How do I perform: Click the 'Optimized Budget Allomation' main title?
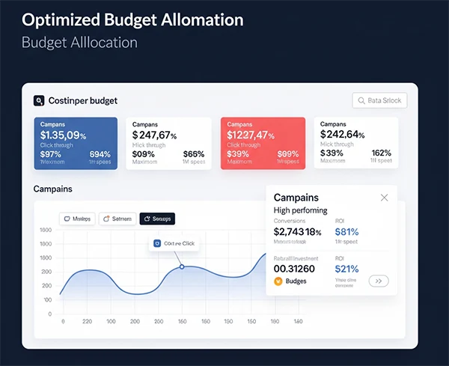(132, 19)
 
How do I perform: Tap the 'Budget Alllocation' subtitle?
(79, 42)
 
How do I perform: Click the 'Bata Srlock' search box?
(379, 101)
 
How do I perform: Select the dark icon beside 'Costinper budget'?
(39, 100)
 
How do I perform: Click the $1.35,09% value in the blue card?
(64, 135)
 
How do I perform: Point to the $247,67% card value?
(154, 135)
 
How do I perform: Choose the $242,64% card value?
(342, 135)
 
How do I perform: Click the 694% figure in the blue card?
(100, 153)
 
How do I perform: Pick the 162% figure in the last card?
(382, 153)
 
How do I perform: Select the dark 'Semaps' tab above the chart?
(157, 219)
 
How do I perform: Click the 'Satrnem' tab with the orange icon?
(116, 219)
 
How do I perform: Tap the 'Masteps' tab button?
(77, 219)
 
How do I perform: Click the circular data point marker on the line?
(181, 266)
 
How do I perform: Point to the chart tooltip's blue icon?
(157, 243)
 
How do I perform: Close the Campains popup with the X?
(385, 198)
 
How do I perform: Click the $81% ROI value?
(347, 232)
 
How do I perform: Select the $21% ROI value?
(347, 269)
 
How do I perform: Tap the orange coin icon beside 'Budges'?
(279, 281)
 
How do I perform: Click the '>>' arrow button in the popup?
(379, 281)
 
